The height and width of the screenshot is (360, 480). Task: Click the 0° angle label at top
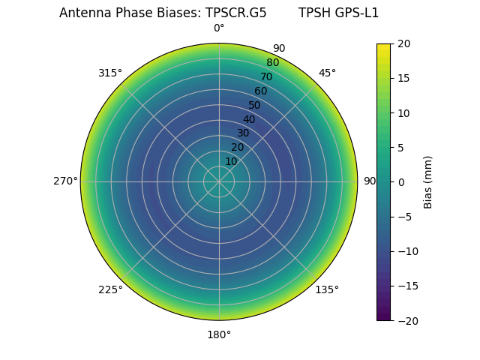(x=219, y=28)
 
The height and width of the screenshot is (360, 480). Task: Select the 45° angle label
(x=327, y=73)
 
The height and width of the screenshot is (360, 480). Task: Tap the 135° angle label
(x=327, y=289)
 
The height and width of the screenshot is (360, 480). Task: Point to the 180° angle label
(x=219, y=334)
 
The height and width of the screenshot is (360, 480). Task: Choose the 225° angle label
(x=110, y=289)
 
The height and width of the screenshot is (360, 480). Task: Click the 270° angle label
(x=65, y=181)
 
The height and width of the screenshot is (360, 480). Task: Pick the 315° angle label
(x=110, y=73)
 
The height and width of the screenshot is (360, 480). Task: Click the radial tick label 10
(x=231, y=161)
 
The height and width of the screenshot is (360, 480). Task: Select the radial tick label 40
(x=249, y=119)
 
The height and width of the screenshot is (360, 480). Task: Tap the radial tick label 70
(x=266, y=76)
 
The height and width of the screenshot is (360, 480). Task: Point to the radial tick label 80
(x=272, y=62)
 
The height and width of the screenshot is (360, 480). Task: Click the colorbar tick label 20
(x=403, y=44)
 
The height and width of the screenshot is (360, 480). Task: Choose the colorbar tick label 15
(x=403, y=79)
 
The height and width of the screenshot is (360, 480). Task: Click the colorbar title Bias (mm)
(x=428, y=182)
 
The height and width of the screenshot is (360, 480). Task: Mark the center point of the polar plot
(x=219, y=181)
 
